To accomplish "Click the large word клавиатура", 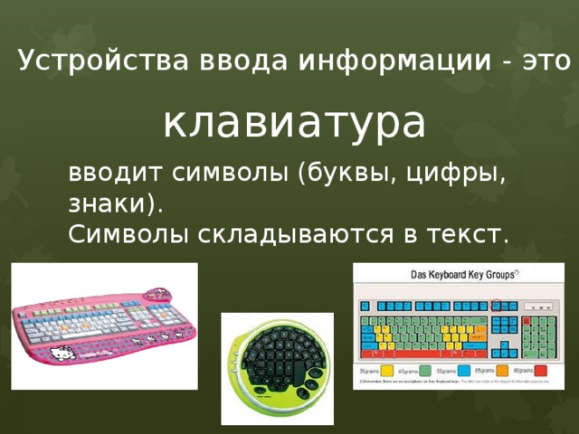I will [x=294, y=121].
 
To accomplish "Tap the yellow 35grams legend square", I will [x=386, y=371].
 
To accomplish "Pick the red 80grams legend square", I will [x=540, y=371].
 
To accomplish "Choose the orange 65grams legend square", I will [x=502, y=371].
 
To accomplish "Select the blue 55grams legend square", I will [x=463, y=371].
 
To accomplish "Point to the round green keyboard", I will [x=277, y=366].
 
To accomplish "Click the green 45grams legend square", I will [x=424, y=371].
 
